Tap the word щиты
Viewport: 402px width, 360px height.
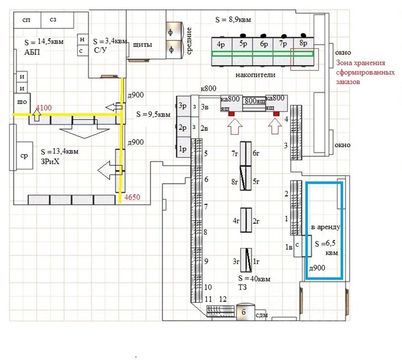click(142, 45)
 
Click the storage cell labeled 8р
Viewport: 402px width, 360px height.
click(303, 44)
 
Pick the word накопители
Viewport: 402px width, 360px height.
click(251, 75)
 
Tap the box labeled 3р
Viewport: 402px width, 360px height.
click(182, 106)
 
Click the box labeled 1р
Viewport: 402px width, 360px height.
click(182, 149)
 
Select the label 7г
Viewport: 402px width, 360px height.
click(234, 154)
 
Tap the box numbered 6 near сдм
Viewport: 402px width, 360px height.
click(244, 312)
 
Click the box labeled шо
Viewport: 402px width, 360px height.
click(22, 102)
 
